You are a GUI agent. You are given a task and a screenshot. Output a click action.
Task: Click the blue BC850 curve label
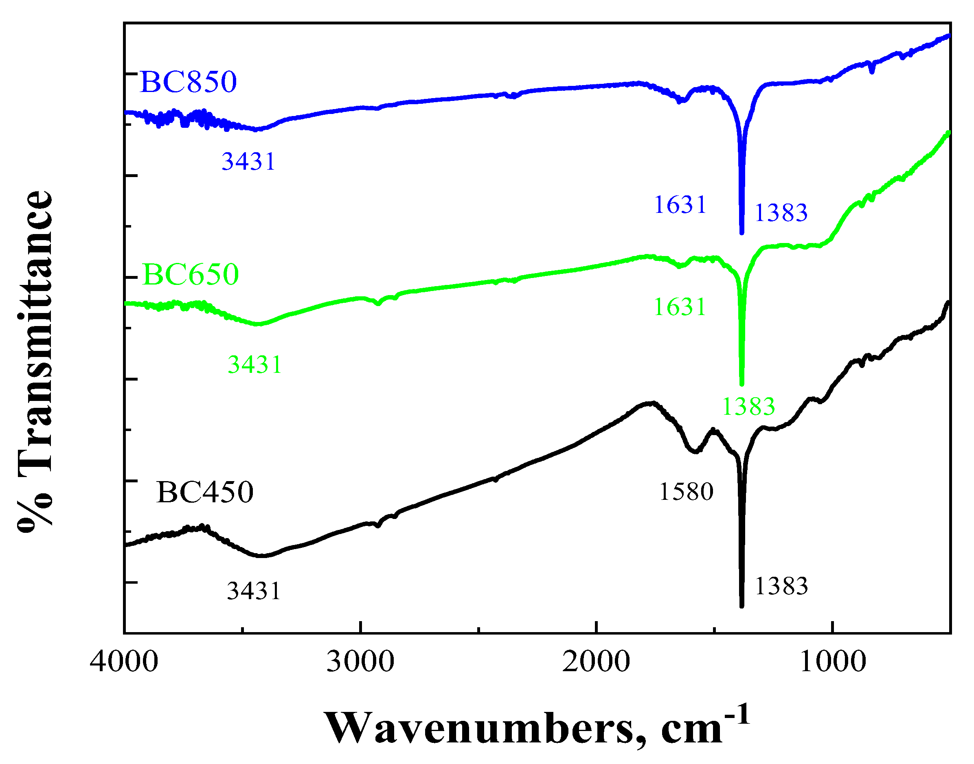click(189, 82)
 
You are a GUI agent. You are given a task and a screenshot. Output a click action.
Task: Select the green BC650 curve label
click(191, 274)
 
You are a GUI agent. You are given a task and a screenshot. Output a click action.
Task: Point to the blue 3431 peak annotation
click(248, 161)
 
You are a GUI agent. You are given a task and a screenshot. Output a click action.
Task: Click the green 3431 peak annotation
click(254, 364)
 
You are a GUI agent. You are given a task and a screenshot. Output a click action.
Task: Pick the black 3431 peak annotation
click(254, 591)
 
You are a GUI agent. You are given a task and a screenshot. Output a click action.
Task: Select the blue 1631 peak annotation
click(680, 205)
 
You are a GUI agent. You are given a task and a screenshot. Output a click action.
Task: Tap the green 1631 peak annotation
click(680, 307)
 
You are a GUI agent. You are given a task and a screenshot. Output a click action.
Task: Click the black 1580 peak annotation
click(686, 492)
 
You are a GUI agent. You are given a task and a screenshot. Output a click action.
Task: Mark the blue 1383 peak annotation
click(781, 212)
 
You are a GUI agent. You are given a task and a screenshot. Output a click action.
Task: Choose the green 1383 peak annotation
click(748, 406)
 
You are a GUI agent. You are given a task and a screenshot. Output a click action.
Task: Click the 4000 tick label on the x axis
click(124, 661)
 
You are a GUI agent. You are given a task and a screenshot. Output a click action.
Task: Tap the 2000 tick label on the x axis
click(597, 661)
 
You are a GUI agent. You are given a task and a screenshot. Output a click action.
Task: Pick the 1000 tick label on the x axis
click(833, 661)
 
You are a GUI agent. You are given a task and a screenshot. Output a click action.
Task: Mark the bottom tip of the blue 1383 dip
click(742, 232)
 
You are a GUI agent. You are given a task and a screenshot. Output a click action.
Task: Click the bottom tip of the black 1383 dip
click(742, 606)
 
